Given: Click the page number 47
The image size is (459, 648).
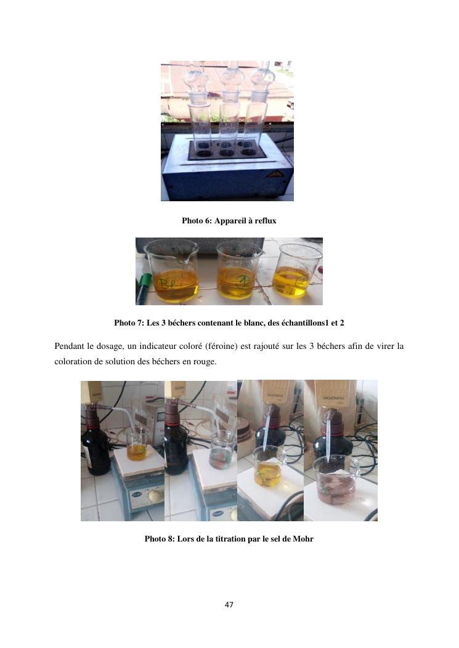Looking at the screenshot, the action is click(x=229, y=604).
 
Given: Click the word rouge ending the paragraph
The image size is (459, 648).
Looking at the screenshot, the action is click(x=205, y=362).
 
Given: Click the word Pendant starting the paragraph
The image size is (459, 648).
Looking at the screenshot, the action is click(x=69, y=346).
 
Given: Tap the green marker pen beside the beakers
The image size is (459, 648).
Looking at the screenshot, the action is click(x=143, y=288).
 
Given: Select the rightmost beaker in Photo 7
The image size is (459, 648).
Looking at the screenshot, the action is click(x=297, y=270).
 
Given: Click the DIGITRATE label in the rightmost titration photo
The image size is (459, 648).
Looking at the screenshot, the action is click(x=333, y=398).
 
